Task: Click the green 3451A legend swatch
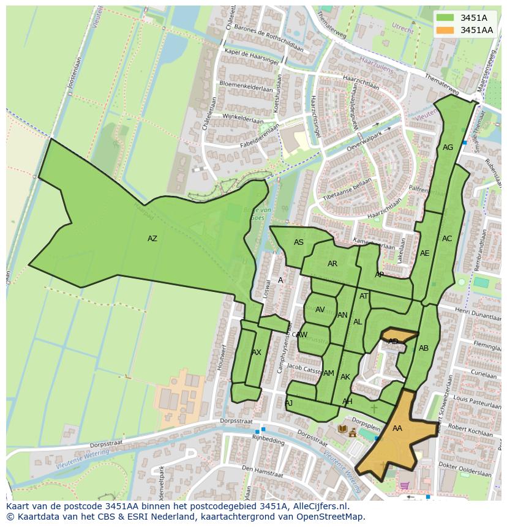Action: click(x=446, y=18)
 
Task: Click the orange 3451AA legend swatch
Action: click(x=446, y=30)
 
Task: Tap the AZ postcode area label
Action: click(x=152, y=239)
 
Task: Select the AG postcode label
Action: click(x=448, y=148)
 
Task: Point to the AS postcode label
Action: click(x=298, y=242)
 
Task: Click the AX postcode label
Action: click(x=256, y=353)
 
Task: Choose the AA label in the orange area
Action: click(x=397, y=428)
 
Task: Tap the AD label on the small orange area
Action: click(x=393, y=342)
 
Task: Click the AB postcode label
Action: click(x=423, y=348)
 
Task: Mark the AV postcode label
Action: click(x=320, y=310)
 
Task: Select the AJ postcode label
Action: click(x=288, y=403)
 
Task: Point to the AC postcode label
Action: click(x=446, y=239)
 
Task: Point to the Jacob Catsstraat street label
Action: click(x=302, y=368)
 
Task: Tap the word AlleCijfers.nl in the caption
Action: click(x=321, y=506)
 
